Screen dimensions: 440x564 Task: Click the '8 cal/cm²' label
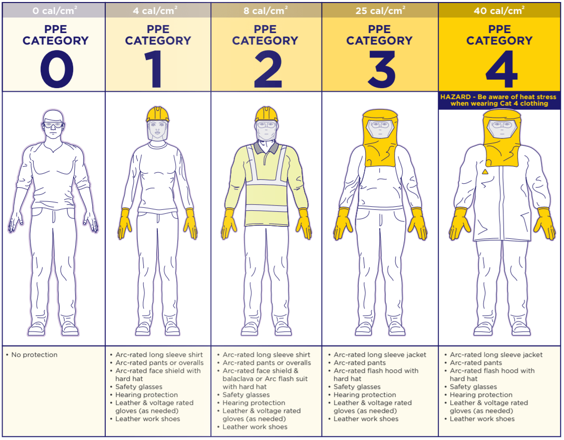pos(265,10)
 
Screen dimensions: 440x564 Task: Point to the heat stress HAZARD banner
pos(499,100)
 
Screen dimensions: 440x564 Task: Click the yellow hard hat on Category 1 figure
pos(158,115)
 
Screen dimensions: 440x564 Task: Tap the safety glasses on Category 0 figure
pos(53,125)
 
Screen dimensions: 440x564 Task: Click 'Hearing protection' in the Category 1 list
pos(146,395)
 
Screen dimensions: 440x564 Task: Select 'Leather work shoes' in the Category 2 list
pos(255,427)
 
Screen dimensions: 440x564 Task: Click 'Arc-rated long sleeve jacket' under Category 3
pos(380,355)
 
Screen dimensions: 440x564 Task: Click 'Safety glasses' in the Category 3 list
pos(357,387)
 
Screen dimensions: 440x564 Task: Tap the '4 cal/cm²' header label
pos(158,10)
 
